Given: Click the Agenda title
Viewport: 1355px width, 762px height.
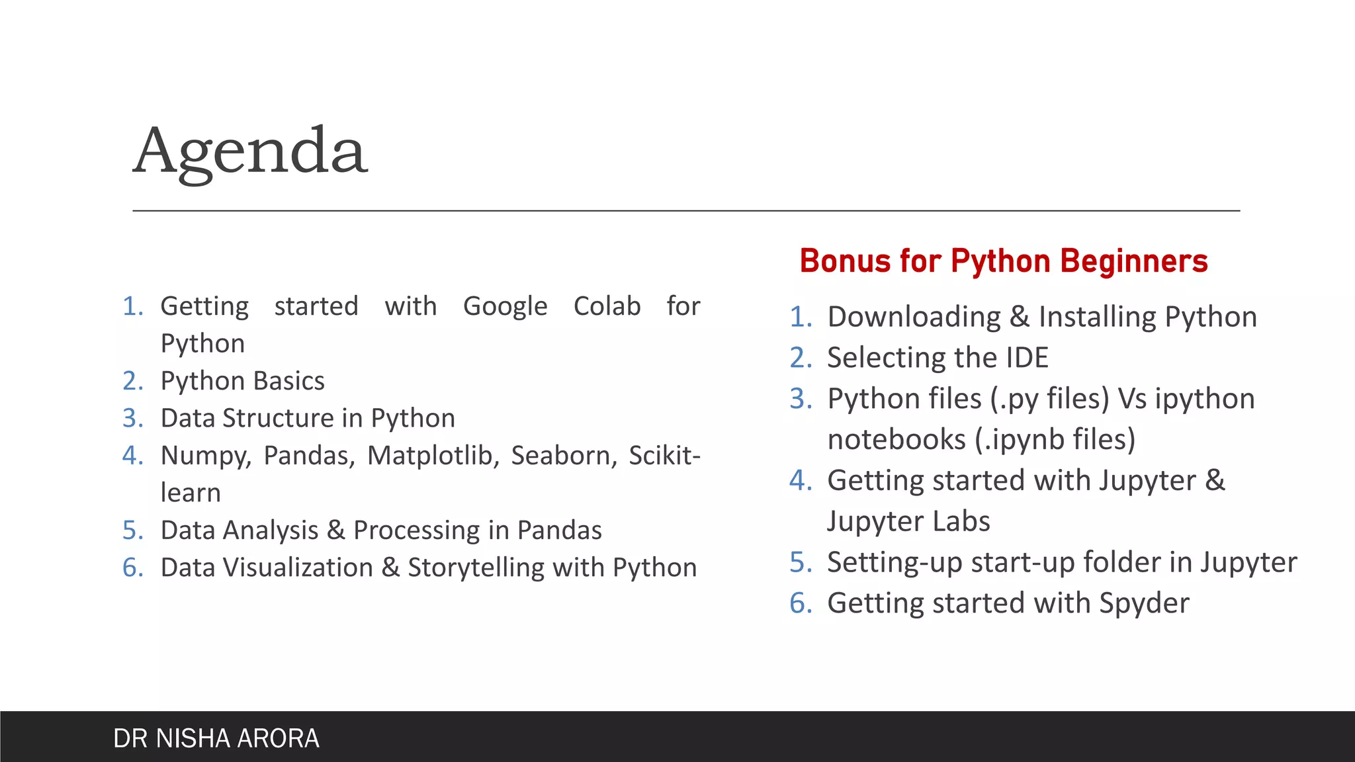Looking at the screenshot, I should (x=250, y=152).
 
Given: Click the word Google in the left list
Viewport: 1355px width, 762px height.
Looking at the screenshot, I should (x=505, y=306).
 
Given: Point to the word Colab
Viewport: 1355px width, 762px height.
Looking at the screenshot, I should (x=607, y=306).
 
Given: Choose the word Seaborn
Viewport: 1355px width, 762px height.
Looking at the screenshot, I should (x=564, y=456).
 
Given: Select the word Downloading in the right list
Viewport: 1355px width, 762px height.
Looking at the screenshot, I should (x=914, y=317).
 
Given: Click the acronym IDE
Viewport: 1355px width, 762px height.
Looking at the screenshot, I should (x=1027, y=358).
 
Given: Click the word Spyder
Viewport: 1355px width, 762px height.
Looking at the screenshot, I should (x=1144, y=603).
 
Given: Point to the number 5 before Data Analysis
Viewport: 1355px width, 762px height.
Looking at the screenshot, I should (x=131, y=530).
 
